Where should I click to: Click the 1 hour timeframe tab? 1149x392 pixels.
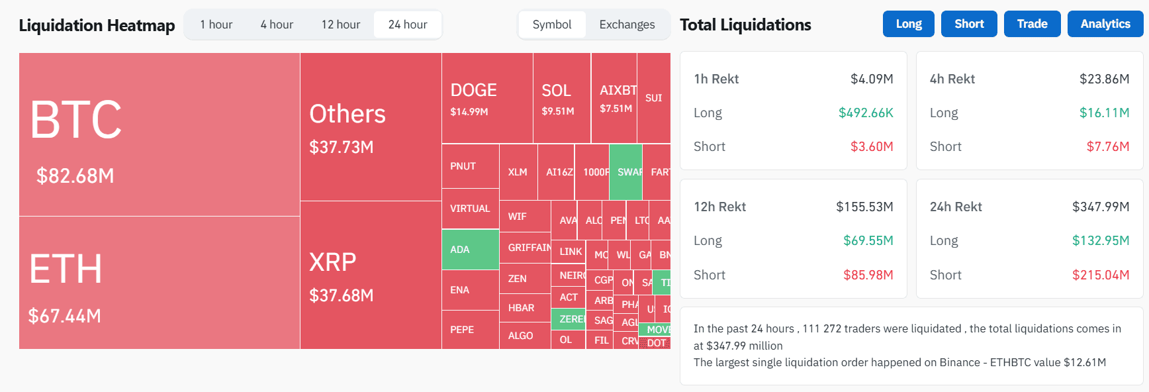(x=216, y=24)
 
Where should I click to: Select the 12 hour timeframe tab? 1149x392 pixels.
(x=340, y=24)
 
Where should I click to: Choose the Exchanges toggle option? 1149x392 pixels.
(x=626, y=24)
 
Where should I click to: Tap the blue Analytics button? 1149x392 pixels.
(x=1105, y=24)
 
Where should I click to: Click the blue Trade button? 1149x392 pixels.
(x=1032, y=24)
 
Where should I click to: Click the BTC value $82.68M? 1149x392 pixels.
(x=75, y=175)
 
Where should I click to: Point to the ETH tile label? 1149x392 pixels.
(x=66, y=269)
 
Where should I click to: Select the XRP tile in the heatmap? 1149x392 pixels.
(x=371, y=275)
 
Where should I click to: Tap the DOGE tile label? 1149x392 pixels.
(x=473, y=90)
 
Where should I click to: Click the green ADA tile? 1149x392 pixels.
(x=470, y=250)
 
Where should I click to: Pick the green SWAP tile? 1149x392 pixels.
(x=625, y=172)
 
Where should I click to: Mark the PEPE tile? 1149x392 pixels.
(x=469, y=330)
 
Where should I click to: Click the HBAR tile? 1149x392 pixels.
(x=524, y=308)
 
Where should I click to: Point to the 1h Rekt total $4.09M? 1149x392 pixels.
(x=871, y=79)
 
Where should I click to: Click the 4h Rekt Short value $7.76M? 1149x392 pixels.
(x=1107, y=146)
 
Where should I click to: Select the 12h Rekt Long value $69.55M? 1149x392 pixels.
(x=868, y=240)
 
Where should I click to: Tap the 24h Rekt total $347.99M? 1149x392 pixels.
(x=1100, y=207)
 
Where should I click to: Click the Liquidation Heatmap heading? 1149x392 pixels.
(x=97, y=25)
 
